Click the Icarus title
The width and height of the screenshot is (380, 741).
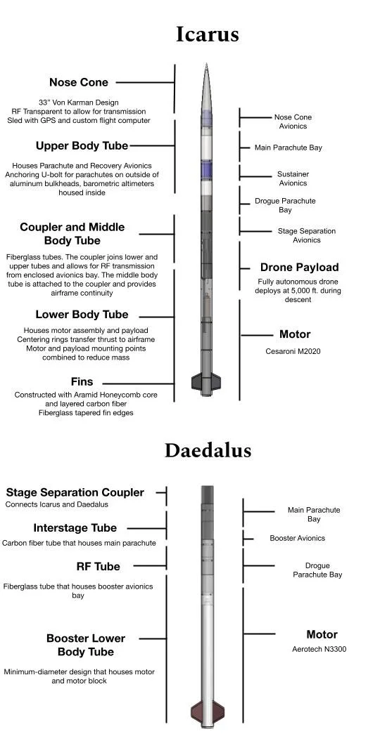click(x=207, y=34)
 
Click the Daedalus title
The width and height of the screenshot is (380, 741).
click(x=208, y=450)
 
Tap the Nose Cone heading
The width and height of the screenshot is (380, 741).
click(x=79, y=83)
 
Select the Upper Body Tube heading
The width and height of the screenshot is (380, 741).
click(x=82, y=146)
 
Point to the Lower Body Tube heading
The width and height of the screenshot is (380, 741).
click(x=82, y=315)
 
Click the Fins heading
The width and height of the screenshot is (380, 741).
click(x=82, y=382)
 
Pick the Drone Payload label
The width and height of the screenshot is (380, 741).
click(x=299, y=268)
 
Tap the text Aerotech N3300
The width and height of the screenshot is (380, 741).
click(x=319, y=649)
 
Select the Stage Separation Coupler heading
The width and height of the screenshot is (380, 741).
click(x=75, y=493)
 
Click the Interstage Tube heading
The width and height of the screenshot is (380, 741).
click(x=75, y=528)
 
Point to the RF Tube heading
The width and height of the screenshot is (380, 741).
click(x=98, y=567)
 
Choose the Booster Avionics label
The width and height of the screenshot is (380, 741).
click(x=298, y=539)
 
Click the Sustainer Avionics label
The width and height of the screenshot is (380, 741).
click(x=293, y=178)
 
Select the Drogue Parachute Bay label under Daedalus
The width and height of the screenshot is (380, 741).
click(x=317, y=570)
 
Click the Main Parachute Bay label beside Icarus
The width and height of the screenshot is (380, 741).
click(x=289, y=148)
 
